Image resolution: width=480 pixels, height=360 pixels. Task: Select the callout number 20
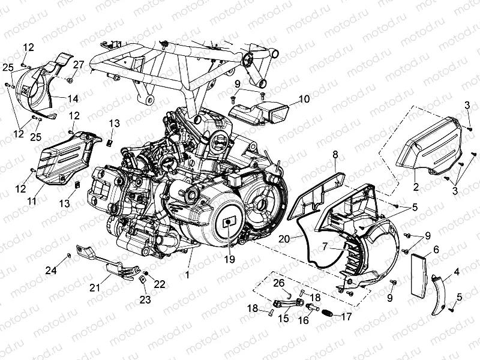point(285,238)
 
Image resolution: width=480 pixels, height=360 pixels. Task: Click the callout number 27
point(79,64)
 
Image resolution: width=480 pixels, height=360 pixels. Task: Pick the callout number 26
point(278,283)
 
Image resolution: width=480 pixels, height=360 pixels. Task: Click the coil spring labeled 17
point(327,313)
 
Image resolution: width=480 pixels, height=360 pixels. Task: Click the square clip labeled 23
point(144,280)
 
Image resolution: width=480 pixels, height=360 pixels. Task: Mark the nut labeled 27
point(70,80)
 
